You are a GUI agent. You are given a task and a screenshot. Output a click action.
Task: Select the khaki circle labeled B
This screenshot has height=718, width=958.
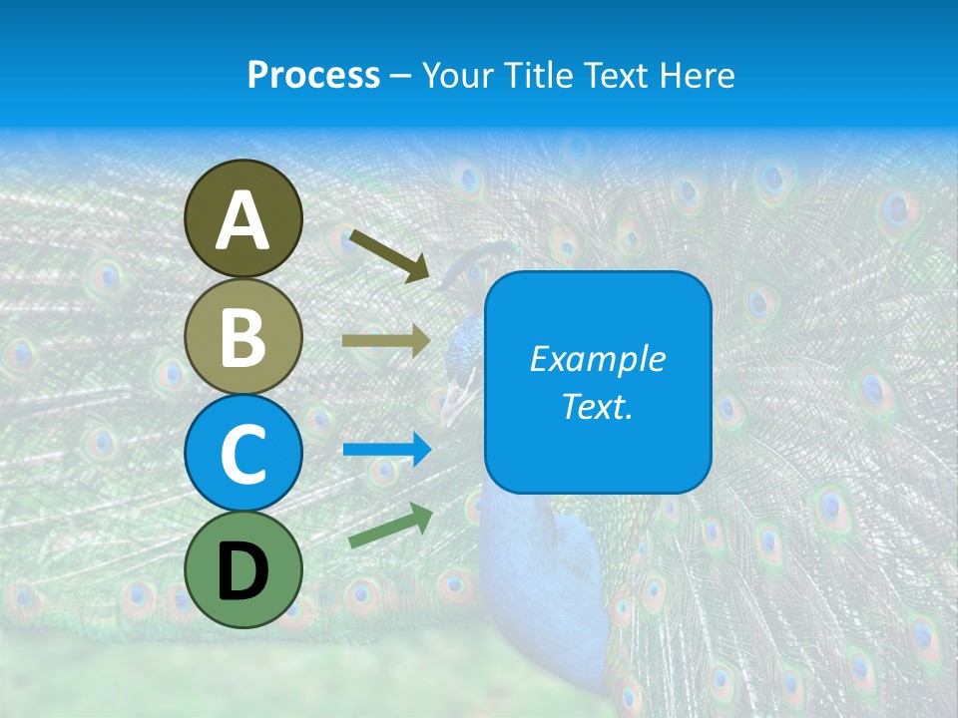point(242,336)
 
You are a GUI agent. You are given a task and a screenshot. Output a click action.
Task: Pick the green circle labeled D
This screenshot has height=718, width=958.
point(242,569)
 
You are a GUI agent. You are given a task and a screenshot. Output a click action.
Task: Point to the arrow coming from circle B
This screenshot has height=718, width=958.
point(385,341)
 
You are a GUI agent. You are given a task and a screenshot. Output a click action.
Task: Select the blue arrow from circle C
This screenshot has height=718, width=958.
point(386,450)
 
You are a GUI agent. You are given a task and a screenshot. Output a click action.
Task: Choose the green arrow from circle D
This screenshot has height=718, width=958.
point(390,526)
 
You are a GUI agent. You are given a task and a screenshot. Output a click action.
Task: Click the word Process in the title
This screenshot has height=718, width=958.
point(313,76)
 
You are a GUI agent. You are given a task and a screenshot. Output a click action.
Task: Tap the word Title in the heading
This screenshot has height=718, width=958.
point(528,76)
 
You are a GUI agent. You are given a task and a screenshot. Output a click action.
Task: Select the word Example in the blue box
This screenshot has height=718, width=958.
point(598,359)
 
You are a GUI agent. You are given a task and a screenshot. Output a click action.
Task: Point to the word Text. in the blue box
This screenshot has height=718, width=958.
point(598,407)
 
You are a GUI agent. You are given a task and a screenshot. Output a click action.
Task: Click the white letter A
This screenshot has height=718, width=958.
point(242,220)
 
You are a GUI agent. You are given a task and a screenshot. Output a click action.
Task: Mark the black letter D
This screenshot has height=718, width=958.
point(242,571)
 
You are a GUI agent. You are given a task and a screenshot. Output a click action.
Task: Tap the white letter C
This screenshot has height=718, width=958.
point(242,454)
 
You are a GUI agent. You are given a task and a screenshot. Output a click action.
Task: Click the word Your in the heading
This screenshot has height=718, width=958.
point(457,76)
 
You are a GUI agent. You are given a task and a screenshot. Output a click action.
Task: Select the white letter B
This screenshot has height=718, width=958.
point(242,338)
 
